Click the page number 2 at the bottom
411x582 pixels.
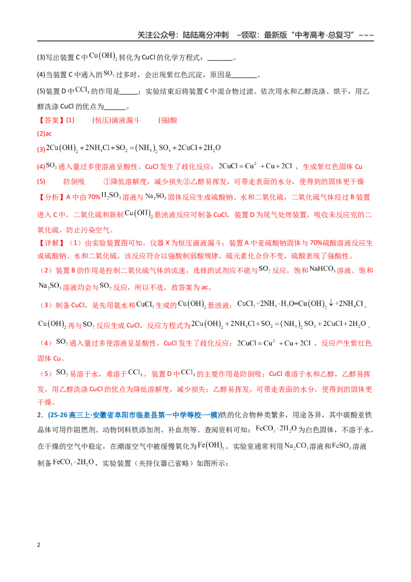pos(39,545)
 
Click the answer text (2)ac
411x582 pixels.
pos(45,134)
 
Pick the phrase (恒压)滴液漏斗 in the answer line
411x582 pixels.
pos(116,120)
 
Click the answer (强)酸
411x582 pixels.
pos(167,120)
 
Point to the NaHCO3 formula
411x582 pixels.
pos(322,269)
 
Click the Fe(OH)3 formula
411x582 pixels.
pos(211,445)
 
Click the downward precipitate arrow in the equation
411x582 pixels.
pos(331,303)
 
